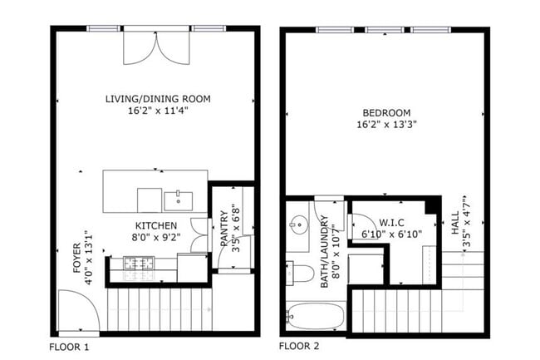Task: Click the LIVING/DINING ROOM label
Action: point(158,99)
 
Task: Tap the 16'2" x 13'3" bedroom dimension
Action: point(386,125)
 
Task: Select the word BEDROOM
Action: point(386,113)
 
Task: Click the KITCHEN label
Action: point(156,226)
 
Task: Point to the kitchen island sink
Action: point(178,201)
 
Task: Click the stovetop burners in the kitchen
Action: point(139,264)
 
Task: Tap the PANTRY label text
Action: point(224,229)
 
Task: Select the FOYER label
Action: point(77,258)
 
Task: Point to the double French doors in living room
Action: point(156,48)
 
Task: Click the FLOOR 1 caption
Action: point(69,347)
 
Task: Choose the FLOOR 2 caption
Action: point(299,346)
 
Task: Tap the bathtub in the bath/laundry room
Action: point(316,316)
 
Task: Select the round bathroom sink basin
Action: point(299,224)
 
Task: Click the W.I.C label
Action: point(391,223)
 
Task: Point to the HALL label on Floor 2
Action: point(455,223)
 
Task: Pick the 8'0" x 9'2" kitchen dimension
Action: point(156,237)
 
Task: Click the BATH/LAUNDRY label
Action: point(324,251)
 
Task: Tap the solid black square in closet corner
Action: point(431,206)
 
